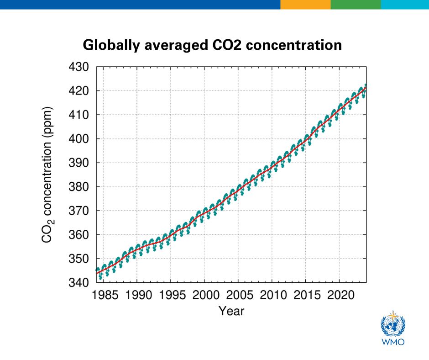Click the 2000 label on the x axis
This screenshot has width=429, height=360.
tap(204, 294)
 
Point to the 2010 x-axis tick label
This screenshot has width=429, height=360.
tap(272, 294)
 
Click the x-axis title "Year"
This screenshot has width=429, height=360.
tap(231, 312)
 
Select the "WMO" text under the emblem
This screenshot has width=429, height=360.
tap(393, 342)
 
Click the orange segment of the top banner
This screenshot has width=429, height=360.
tap(305, 5)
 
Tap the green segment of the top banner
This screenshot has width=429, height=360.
tap(356, 5)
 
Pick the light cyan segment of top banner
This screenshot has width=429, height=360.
tap(405, 5)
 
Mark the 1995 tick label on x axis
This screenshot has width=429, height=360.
tap(171, 294)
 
